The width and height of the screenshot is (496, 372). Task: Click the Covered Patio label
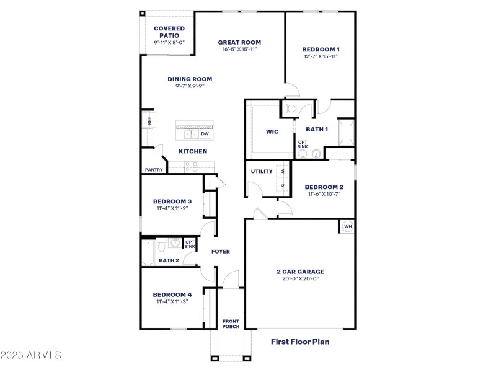[x=169, y=32]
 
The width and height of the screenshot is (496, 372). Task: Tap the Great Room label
[x=239, y=42]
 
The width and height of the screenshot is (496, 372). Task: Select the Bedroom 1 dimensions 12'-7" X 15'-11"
[x=321, y=56]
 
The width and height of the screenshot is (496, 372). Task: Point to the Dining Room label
[x=190, y=79]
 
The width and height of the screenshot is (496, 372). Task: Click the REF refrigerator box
[x=149, y=120]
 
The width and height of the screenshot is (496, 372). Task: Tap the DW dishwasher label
[x=205, y=133]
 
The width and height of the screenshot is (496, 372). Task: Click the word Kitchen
[x=193, y=151]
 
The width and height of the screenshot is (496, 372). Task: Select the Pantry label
[x=153, y=169]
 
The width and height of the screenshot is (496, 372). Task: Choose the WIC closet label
[x=272, y=131]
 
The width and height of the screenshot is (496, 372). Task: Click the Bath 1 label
[x=317, y=129]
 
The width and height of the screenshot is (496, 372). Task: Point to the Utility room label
[x=262, y=171]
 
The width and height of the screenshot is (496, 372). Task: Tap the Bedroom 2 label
[x=324, y=187]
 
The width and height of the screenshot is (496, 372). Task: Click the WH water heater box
[x=347, y=226]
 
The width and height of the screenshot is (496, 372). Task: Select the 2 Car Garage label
[x=300, y=271]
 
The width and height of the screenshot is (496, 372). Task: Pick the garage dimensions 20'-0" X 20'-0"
[x=300, y=278]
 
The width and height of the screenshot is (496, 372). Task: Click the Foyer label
[x=221, y=252]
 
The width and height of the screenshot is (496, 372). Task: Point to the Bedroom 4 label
[x=172, y=294]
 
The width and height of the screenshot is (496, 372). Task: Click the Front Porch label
[x=231, y=324]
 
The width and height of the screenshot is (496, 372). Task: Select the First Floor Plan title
[x=300, y=341]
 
